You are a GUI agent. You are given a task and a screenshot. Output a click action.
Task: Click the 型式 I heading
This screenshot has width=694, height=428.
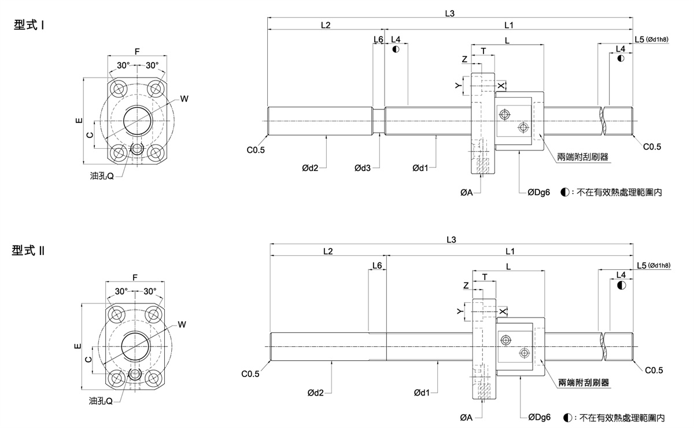coord(29,25)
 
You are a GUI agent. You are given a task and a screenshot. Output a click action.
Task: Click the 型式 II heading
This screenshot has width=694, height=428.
coord(28,250)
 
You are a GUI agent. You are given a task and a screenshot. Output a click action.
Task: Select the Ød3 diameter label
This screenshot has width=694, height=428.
coord(363,168)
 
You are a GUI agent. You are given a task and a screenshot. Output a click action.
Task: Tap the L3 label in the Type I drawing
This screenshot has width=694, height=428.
coord(449,13)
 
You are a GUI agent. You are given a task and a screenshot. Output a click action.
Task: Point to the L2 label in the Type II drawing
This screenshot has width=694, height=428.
coord(328,251)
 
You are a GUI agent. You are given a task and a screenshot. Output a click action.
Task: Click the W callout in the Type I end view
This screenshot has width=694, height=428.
coord(184,98)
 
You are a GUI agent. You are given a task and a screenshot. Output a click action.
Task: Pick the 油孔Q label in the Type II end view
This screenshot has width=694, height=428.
coord(101,401)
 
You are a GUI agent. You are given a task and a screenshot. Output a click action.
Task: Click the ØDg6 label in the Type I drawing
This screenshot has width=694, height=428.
coord(539,192)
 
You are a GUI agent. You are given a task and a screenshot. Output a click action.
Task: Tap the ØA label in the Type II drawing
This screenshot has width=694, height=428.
coord(466,418)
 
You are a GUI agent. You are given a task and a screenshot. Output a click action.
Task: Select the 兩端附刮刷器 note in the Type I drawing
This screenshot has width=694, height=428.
coord(583,157)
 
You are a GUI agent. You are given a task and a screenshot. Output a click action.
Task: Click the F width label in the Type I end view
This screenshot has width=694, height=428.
coord(137,51)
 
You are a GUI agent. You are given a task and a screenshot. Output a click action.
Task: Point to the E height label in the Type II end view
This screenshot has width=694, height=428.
coord(78,346)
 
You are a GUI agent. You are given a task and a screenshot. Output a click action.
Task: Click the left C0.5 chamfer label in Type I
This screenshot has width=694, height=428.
coord(256,150)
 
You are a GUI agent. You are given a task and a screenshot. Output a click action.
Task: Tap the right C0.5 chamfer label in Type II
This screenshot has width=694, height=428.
coord(654,370)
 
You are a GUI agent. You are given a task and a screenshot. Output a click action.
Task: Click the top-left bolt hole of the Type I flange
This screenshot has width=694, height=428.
coord(119,89)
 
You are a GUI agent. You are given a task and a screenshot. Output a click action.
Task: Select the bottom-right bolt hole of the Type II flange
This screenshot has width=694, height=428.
coord(153,378)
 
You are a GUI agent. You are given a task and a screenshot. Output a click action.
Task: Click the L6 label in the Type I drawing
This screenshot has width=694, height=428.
coord(378,39)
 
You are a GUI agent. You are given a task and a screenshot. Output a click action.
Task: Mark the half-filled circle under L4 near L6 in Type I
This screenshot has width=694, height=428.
coord(396,49)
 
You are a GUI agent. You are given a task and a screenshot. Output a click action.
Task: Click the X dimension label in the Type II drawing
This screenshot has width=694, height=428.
coord(503,312)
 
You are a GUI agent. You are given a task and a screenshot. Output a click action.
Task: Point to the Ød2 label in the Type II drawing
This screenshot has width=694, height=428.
coord(315,393)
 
